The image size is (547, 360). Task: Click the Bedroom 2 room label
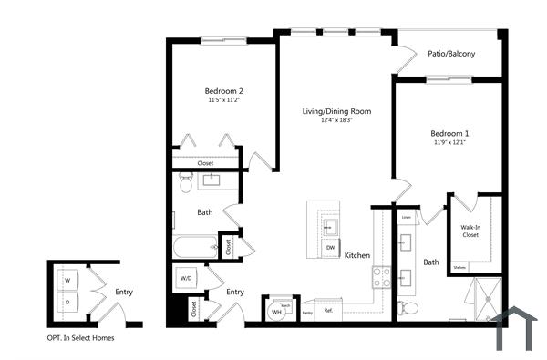coord(223,91)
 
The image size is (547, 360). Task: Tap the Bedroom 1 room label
coord(450,134)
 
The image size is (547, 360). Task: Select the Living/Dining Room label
coord(336,111)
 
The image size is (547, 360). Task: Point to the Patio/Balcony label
coord(451,54)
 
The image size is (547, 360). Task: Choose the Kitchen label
coord(356,256)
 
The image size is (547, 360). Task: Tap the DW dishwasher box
coord(330,247)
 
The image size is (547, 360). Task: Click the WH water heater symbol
coord(276,313)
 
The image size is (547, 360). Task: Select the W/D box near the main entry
coord(186,278)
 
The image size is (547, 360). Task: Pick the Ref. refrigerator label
coord(328,312)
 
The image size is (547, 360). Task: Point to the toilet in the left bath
coord(186,185)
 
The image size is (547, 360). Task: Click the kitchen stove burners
coord(382,276)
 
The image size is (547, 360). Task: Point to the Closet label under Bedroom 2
coord(205,163)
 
